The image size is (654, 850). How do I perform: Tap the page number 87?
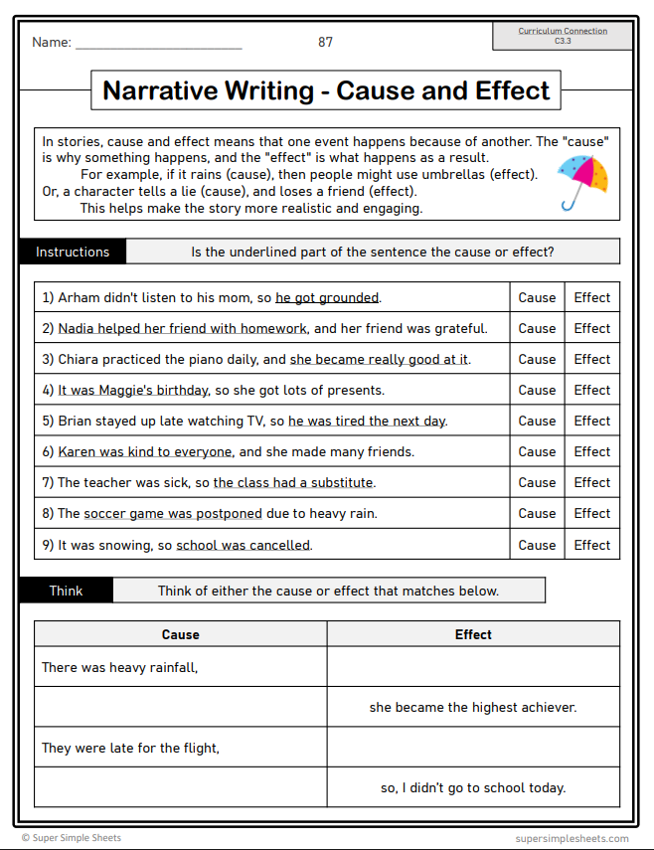[x=326, y=42]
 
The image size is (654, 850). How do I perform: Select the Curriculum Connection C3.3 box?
[x=563, y=36]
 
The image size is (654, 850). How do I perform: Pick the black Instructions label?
[x=73, y=252]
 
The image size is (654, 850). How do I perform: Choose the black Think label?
[x=67, y=591]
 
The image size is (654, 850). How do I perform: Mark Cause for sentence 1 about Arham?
[x=537, y=297]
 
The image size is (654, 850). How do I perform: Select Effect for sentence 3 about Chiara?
[x=592, y=359]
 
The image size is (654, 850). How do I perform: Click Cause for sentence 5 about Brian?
[x=537, y=421]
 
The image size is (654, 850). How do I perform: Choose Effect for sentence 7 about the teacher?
[x=592, y=482]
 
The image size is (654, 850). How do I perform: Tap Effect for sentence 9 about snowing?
[x=592, y=545]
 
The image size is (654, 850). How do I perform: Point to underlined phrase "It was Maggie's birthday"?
[x=133, y=390]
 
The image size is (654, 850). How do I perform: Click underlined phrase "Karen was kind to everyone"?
[x=145, y=451]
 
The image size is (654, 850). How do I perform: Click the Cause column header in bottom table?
[x=180, y=634]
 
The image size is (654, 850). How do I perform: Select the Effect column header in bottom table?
[x=473, y=634]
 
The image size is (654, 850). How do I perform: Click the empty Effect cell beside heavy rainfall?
[x=473, y=667]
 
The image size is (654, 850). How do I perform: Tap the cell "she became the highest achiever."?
[x=473, y=708]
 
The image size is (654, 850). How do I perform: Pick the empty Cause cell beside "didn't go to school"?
[x=180, y=787]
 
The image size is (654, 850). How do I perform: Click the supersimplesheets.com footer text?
[x=572, y=838]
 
